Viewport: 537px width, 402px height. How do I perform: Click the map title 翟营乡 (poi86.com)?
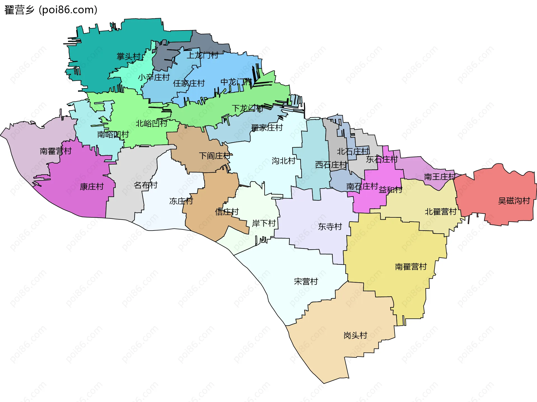pyautogui.click(x=51, y=10)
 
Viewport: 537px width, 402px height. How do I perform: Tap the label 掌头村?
pyautogui.click(x=128, y=57)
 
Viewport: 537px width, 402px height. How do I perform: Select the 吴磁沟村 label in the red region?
pyautogui.click(x=514, y=201)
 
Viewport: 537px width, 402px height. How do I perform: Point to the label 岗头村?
pyautogui.click(x=355, y=335)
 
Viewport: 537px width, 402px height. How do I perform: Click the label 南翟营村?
pyautogui.click(x=411, y=267)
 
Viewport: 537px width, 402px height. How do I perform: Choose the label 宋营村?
pyautogui.click(x=306, y=281)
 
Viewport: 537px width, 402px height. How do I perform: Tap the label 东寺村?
pyautogui.click(x=330, y=227)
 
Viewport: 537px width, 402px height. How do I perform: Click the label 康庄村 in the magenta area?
pyautogui.click(x=92, y=187)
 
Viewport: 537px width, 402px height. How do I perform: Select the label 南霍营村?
pyautogui.click(x=56, y=151)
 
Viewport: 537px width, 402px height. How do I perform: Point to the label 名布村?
pyautogui.click(x=145, y=185)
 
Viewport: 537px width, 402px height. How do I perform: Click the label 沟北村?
pyautogui.click(x=284, y=161)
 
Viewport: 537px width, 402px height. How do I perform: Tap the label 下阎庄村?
pyautogui.click(x=215, y=156)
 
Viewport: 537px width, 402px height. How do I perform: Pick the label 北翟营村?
pyautogui.click(x=441, y=212)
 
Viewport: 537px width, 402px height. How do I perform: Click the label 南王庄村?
pyautogui.click(x=440, y=177)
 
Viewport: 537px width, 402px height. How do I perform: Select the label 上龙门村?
pyautogui.click(x=202, y=55)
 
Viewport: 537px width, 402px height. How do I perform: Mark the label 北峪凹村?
pyautogui.click(x=151, y=123)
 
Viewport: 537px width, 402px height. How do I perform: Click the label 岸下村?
pyautogui.click(x=264, y=223)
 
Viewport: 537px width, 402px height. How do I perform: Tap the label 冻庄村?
pyautogui.click(x=181, y=201)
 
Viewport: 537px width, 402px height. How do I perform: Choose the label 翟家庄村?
pyautogui.click(x=267, y=128)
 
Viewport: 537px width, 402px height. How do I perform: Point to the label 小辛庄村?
pyautogui.click(x=154, y=77)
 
